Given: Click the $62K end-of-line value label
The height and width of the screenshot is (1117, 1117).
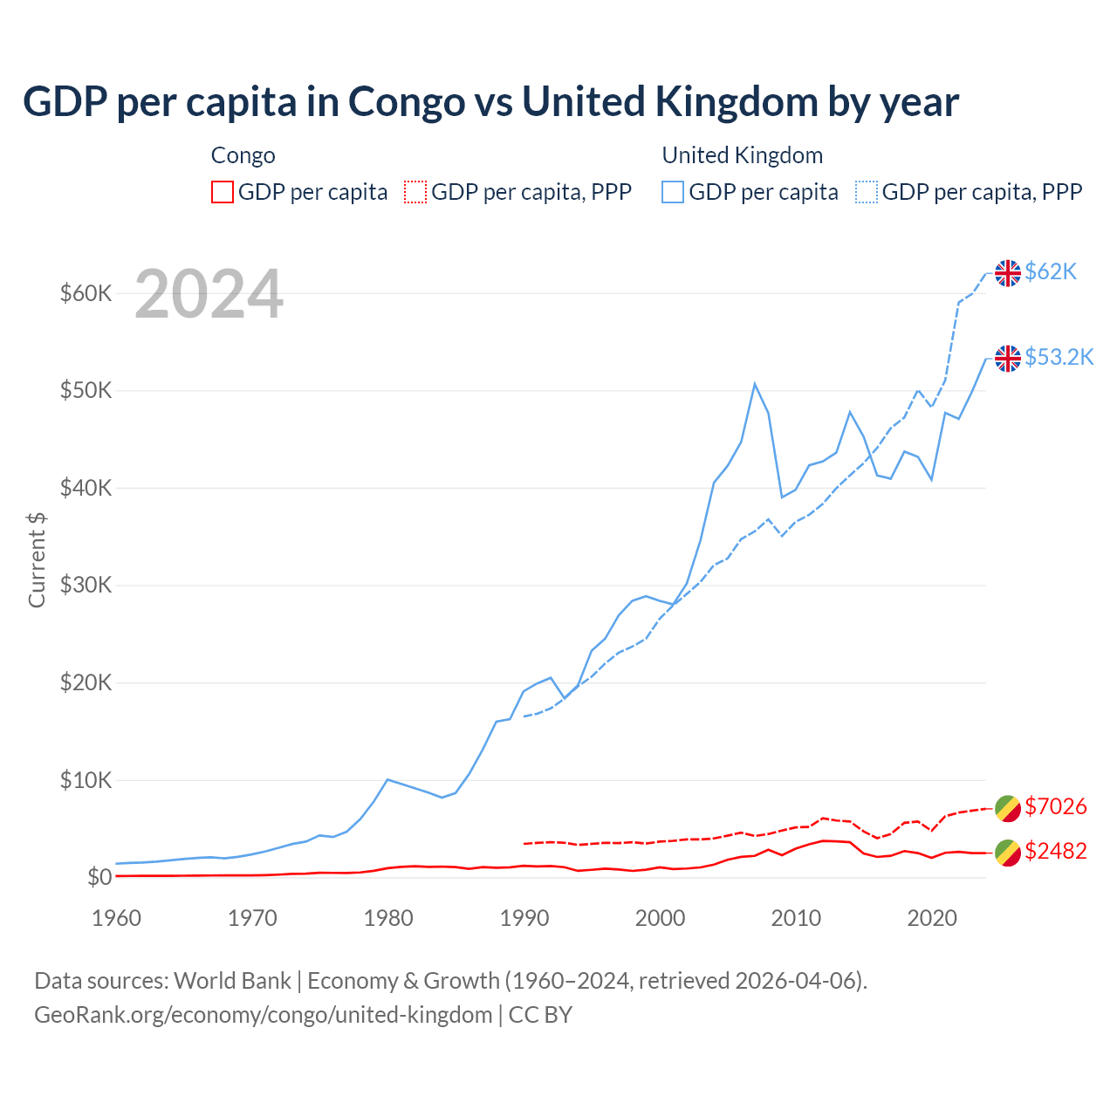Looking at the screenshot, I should point(1051,272).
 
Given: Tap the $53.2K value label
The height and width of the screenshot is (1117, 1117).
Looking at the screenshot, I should point(1059,358).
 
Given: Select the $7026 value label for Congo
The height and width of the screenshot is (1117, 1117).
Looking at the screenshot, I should point(1055,806).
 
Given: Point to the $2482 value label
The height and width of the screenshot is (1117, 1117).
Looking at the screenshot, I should point(1055,851).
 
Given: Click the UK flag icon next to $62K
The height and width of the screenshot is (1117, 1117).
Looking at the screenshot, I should point(1008,273).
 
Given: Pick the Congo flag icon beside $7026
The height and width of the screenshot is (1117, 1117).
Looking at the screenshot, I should point(1008,808).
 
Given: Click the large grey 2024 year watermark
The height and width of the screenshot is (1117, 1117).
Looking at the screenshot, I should point(209,294).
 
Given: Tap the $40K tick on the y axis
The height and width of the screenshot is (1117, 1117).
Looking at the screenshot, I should point(86,488).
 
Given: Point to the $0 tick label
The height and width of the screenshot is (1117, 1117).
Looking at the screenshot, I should point(99,877).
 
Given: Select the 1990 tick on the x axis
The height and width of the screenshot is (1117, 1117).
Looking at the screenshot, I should point(524,918).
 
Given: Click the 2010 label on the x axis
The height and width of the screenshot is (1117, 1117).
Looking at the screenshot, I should point(796,918).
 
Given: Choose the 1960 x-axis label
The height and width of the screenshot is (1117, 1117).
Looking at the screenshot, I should point(116,918).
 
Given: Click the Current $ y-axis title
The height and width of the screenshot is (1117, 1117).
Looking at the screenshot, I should point(37,560).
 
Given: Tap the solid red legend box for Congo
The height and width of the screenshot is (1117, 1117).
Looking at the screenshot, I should point(223,192).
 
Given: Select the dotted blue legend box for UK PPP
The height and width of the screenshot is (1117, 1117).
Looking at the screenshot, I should point(867,192).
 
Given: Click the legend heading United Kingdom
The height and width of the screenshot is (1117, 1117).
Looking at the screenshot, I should point(742,155).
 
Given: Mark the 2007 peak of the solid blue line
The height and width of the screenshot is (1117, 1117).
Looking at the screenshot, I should point(755,384).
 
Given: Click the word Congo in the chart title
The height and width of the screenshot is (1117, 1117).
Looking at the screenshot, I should point(406,102).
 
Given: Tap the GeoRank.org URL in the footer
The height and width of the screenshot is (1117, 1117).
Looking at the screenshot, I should point(263,1015).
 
